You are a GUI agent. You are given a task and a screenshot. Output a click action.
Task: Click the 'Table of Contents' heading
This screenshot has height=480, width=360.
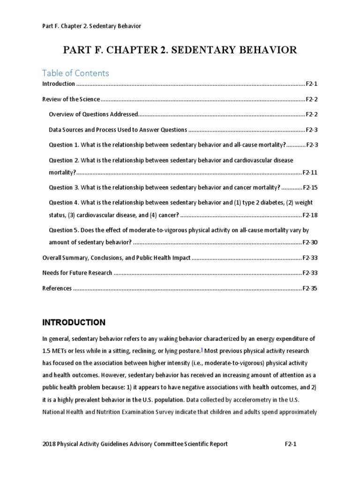tap(75, 73)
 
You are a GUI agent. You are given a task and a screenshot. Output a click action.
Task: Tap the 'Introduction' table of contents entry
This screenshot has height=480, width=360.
tap(59, 84)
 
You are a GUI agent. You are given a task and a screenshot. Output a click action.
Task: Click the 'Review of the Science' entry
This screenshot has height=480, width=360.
tap(71, 99)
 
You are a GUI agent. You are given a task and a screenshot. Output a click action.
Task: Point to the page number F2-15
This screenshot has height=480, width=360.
tap(310, 187)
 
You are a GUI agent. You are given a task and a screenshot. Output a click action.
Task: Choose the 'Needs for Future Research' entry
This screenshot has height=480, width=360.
tap(77, 273)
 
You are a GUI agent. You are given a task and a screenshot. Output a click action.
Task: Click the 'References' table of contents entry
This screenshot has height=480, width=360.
tap(57, 288)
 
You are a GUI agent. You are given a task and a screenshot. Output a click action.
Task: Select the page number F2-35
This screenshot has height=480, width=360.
tap(310, 288)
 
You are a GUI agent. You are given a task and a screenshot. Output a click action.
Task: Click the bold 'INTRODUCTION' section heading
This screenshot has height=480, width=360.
tap(74, 322)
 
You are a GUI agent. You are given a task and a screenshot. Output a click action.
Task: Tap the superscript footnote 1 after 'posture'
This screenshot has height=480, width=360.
tap(202, 349)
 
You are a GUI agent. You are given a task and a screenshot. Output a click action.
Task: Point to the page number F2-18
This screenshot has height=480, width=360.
tap(310, 215)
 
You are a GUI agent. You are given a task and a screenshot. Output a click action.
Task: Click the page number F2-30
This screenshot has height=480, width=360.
tap(310, 242)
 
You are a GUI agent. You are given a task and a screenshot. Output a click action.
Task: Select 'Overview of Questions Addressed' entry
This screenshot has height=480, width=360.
tap(94, 114)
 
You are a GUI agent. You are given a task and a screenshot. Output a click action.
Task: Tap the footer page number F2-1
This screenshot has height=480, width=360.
tap(292, 444)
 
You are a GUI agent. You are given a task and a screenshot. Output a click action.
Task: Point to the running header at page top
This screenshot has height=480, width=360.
tap(91, 26)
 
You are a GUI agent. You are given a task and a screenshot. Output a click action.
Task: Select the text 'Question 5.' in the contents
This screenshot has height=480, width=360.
tap(64, 230)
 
